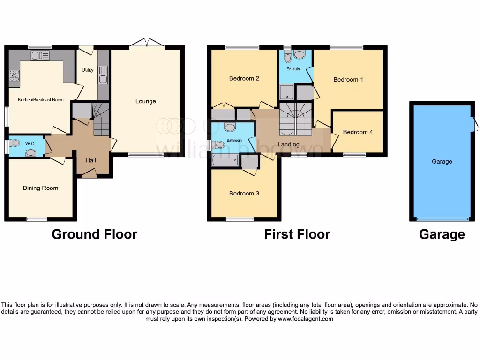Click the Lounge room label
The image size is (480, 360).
tap(145, 101)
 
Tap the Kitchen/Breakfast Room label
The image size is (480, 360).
tap(41, 100)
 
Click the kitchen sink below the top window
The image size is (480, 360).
tap(40, 56)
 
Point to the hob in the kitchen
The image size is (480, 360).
tap(15, 75)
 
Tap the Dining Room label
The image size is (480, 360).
tap(40, 188)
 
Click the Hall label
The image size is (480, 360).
tap(90, 160)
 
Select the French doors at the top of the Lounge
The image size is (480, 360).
tap(147, 44)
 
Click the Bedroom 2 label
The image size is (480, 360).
tap(244, 78)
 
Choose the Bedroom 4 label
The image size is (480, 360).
tap(358, 132)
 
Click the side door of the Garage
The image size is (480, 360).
tap(475, 124)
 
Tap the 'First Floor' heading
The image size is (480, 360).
tap(297, 234)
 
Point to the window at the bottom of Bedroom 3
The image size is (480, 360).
tap(240, 219)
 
